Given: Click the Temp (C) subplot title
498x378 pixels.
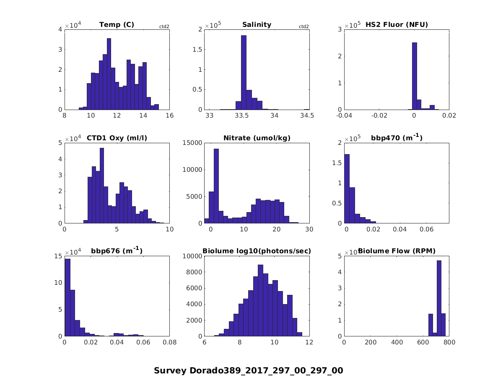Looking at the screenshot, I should click(117, 25).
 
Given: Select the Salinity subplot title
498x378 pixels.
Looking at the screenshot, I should click(257, 25).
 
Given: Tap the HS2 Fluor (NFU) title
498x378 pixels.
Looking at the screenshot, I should click(397, 25).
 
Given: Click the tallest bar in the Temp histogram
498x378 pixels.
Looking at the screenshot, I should click(109, 73).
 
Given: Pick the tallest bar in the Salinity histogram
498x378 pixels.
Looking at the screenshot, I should click(244, 72).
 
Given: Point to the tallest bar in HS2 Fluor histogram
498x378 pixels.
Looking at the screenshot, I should click(415, 76).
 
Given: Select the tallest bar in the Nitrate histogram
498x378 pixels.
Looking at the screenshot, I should click(216, 186).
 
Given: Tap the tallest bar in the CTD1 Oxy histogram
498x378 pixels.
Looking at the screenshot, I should click(102, 185).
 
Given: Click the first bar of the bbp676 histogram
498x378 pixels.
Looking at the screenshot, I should click(67, 297).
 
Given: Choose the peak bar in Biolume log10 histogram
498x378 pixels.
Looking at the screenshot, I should click(260, 300).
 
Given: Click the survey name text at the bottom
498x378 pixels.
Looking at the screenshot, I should click(249, 370).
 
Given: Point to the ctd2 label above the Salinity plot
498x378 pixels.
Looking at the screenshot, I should click(303, 26).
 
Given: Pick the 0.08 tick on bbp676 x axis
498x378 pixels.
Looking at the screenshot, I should click(169, 342).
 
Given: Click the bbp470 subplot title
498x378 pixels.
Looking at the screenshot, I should click(397, 138).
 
